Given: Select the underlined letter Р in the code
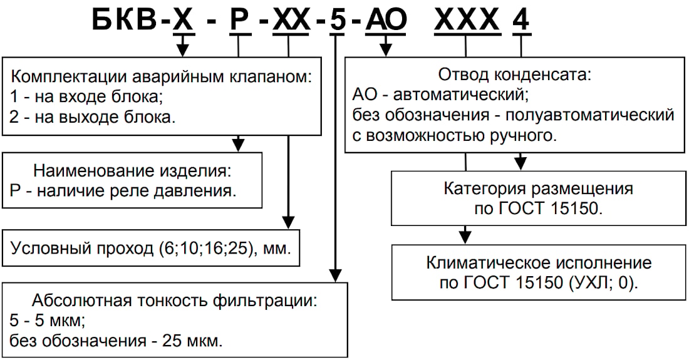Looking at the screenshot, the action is pyautogui.click(x=238, y=20).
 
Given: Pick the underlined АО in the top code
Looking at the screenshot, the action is pyautogui.click(x=386, y=20).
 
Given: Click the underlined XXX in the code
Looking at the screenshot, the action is pyautogui.click(x=467, y=20).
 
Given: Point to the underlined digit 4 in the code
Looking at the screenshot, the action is pyautogui.click(x=521, y=20).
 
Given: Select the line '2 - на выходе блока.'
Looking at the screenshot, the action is pyautogui.click(x=92, y=117).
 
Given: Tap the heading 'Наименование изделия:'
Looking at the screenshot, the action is pyautogui.click(x=132, y=171).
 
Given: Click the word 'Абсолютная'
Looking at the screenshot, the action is pyautogui.click(x=81, y=301).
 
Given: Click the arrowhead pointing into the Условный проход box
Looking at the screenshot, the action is pyautogui.click(x=288, y=222).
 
